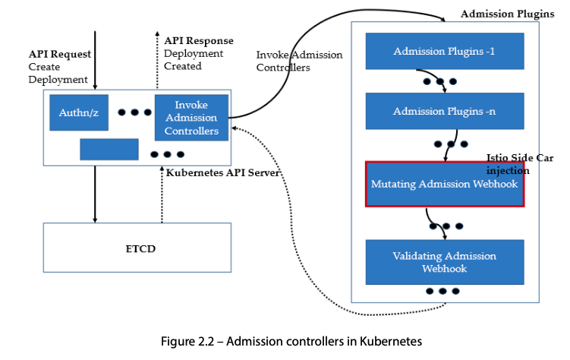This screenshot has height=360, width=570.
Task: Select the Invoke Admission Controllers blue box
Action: (191, 118)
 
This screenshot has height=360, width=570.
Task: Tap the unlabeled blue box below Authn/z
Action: (109, 150)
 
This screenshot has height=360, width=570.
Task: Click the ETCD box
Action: (137, 248)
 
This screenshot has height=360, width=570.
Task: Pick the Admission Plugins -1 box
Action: (444, 52)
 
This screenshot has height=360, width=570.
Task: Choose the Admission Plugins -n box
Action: (444, 112)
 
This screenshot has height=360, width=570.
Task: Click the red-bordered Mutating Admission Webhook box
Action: (445, 184)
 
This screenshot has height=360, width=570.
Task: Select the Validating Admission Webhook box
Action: (445, 262)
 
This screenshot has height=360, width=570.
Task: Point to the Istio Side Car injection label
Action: (519, 164)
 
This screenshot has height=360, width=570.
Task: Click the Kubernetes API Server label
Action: (223, 173)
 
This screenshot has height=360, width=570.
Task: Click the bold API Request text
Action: (60, 54)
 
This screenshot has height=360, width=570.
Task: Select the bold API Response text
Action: (199, 40)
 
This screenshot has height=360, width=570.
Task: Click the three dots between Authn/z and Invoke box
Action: (134, 112)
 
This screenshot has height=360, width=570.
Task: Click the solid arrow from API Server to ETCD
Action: (95, 194)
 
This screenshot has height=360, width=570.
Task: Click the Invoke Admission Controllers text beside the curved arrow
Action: (299, 62)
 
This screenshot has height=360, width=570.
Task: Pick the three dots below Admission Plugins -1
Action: (439, 81)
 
